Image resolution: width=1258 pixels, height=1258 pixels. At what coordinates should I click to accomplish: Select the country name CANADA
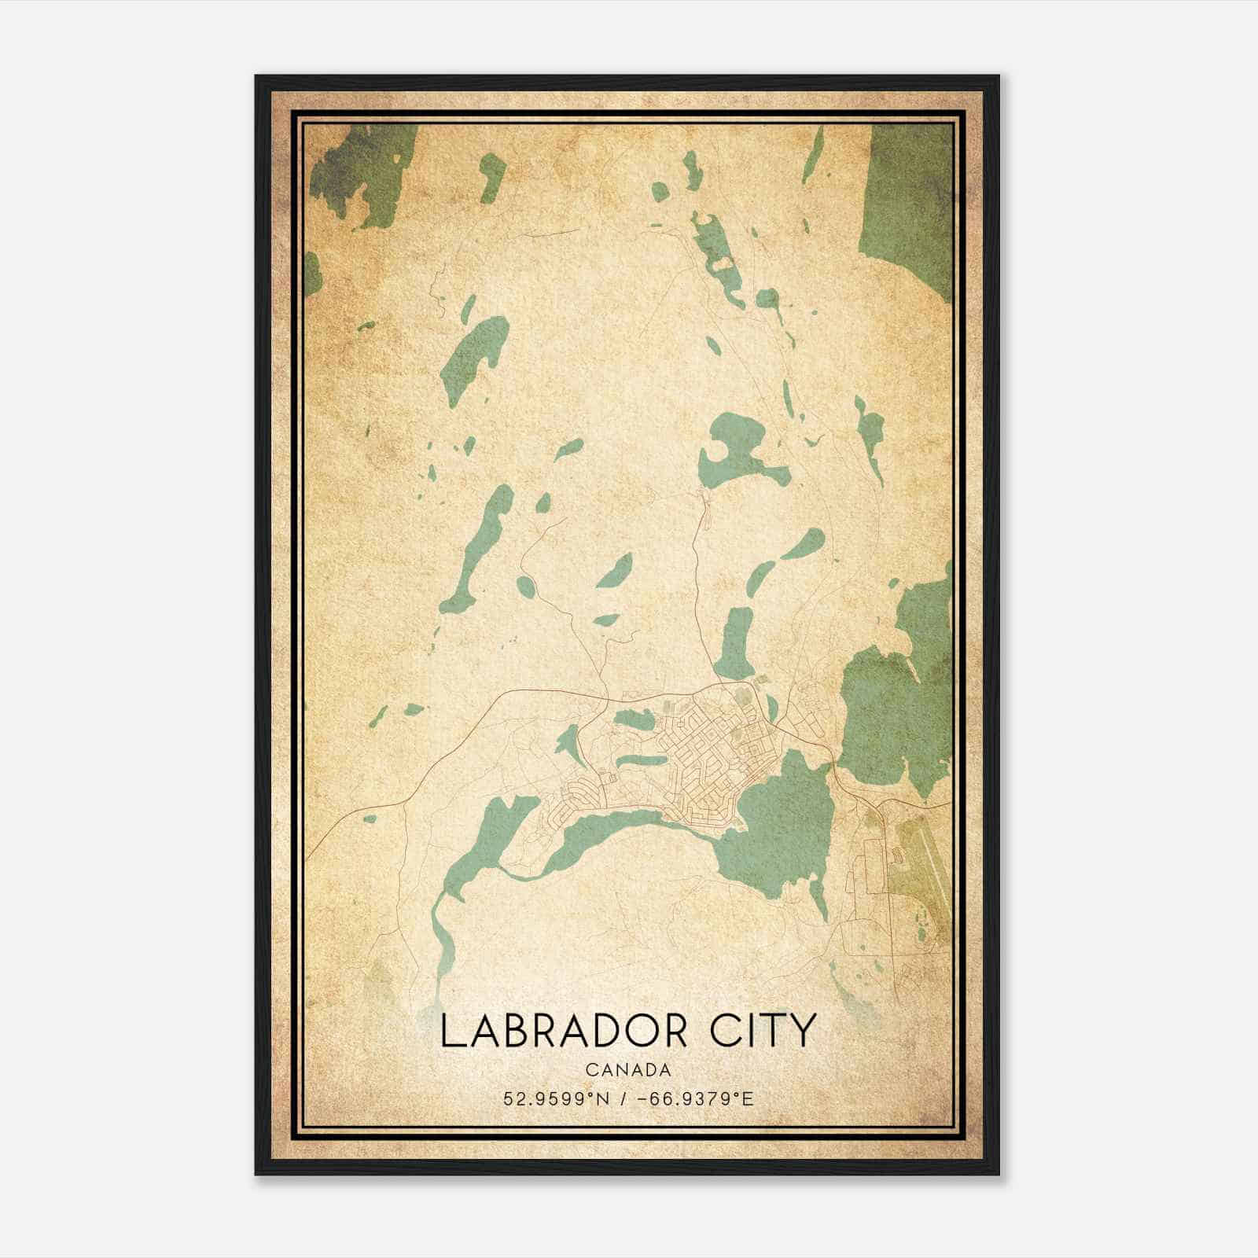coord(628,1070)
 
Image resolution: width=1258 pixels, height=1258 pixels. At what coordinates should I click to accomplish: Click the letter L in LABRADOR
coord(451,1031)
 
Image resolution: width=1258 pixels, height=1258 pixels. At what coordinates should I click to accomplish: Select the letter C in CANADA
coord(590,1070)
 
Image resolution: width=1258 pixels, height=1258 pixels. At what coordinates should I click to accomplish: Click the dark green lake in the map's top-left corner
coord(362,169)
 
